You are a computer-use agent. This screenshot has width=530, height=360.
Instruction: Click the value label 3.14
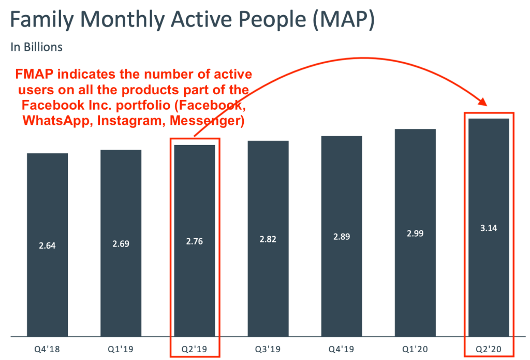pyautogui.click(x=488, y=228)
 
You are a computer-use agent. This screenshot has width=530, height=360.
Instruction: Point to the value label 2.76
pyautogui.click(x=194, y=241)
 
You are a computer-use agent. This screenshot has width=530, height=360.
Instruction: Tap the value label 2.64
pyautogui.click(x=47, y=246)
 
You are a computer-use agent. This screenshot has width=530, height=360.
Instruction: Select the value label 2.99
pyautogui.click(x=415, y=233)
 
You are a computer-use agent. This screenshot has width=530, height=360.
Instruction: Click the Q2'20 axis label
pyautogui.click(x=488, y=349)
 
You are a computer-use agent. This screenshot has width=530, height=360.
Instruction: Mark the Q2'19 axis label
pyautogui.click(x=194, y=349)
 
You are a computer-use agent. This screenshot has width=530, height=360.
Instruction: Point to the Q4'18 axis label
pyautogui.click(x=47, y=349)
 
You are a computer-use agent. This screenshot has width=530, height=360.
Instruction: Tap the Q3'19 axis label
pyautogui.click(x=268, y=349)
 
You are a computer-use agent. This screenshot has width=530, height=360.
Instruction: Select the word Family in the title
pyautogui.click(x=42, y=21)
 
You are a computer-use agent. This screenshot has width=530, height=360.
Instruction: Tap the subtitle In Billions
pyautogui.click(x=37, y=47)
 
